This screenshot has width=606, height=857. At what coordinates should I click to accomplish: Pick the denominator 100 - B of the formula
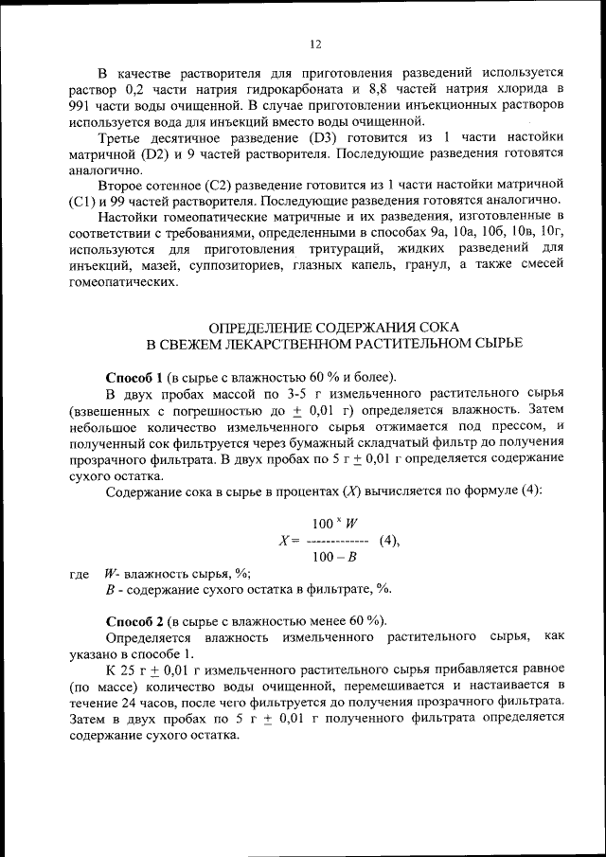tap(334, 557)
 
